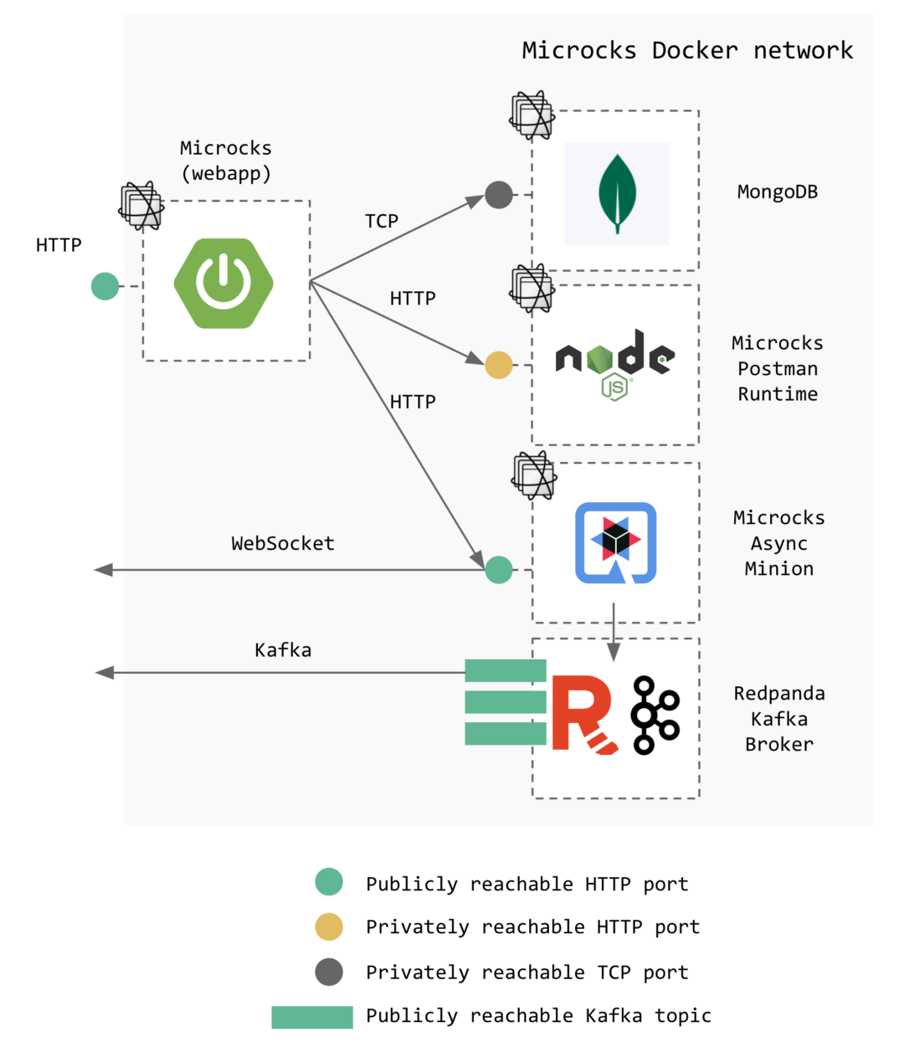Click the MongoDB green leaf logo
coord(617,193)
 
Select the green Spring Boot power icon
coord(223,283)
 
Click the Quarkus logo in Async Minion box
coord(615,542)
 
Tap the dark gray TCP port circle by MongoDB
coord(499,195)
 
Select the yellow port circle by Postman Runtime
coord(499,365)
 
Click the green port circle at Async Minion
coord(499,570)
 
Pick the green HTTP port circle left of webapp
coord(105,286)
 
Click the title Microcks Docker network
coord(687,50)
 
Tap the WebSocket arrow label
coord(283,543)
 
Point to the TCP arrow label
coord(382,221)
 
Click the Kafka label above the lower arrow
coord(283,649)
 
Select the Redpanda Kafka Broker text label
coord(779,718)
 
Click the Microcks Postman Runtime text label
coord(778,368)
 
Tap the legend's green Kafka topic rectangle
coord(312,1017)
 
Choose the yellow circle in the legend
coord(329,926)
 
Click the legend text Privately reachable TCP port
coord(526,972)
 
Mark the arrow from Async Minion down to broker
coord(614,632)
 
